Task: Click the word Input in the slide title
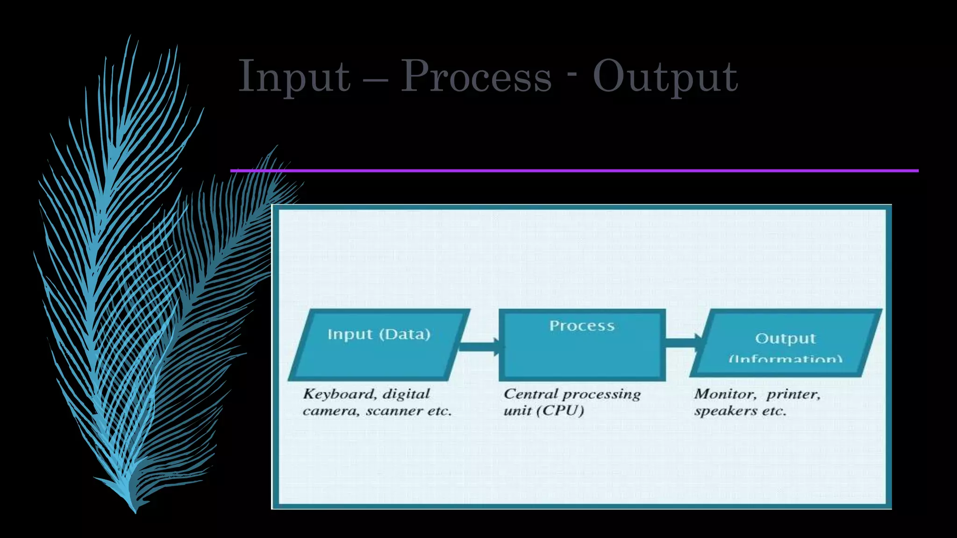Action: click(294, 77)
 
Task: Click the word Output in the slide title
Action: click(665, 77)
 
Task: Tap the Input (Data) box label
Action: click(379, 334)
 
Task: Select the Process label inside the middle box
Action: click(582, 326)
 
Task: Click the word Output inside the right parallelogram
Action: click(785, 338)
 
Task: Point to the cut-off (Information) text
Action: click(786, 358)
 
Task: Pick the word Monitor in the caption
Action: click(725, 394)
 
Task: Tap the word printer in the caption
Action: click(793, 395)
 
